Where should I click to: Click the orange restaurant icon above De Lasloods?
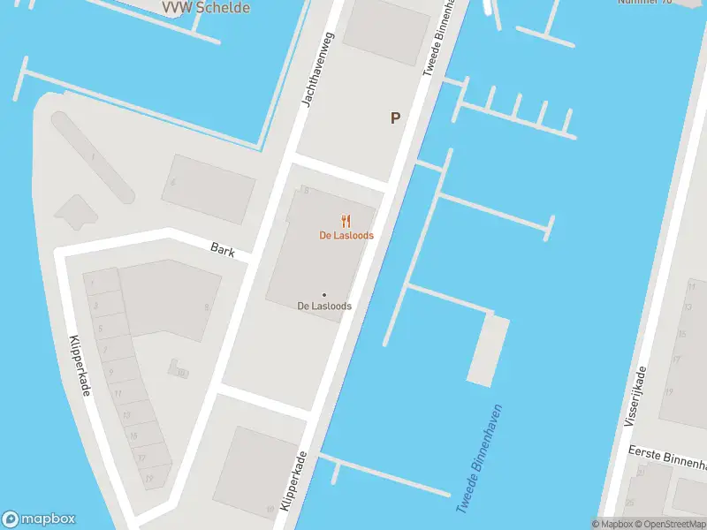coord(346,222)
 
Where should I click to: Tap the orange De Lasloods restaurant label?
coord(346,236)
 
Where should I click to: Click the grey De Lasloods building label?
coord(324,307)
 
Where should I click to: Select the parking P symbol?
coord(396,117)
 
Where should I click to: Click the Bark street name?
coord(223,251)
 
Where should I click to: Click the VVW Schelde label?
coord(206,8)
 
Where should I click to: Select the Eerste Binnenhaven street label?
coord(667,457)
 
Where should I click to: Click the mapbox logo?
coord(39,519)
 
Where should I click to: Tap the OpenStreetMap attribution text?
coord(667,524)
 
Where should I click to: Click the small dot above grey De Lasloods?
coord(324,295)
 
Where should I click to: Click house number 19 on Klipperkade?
coord(149,478)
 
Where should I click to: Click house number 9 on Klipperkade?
coord(110,372)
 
